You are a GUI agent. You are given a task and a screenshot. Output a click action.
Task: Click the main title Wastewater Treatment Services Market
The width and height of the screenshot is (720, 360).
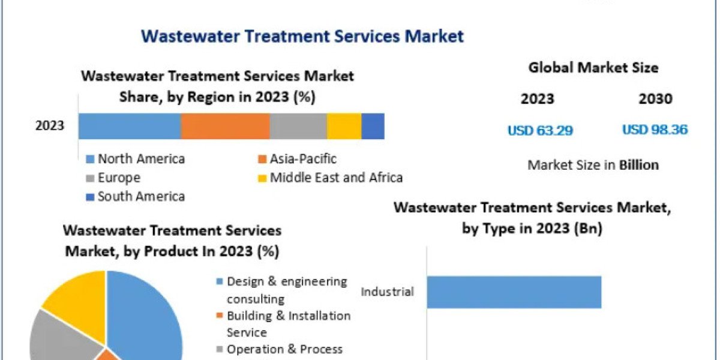point(302,36)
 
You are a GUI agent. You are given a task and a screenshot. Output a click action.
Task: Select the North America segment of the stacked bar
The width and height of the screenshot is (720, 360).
point(130,126)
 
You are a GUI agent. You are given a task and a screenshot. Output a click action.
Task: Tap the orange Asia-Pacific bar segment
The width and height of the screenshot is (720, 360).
point(225,126)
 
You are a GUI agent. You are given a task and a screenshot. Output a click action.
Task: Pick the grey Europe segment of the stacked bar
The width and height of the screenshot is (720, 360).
point(298,126)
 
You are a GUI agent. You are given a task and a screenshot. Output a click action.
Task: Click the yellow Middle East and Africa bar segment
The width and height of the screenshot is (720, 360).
point(344,126)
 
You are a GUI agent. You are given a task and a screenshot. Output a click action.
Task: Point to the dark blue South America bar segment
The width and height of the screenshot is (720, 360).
point(373,126)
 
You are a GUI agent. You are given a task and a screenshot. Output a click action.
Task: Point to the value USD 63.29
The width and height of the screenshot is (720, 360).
point(540,130)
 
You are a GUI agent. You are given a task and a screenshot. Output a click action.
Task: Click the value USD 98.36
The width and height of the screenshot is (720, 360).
point(655,130)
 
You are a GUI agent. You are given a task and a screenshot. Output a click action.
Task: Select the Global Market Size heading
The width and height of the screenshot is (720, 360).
point(593,68)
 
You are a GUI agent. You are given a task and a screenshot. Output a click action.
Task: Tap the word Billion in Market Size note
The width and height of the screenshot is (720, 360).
point(639,165)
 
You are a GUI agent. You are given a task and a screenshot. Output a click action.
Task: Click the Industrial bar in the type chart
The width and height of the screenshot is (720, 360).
point(514,292)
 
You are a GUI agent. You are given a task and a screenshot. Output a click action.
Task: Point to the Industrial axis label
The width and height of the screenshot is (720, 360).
point(387,292)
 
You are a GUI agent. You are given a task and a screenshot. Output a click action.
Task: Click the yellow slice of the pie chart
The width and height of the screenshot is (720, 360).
point(75,297)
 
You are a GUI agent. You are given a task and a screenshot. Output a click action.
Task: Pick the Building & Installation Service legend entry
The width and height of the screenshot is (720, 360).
point(288,323)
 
